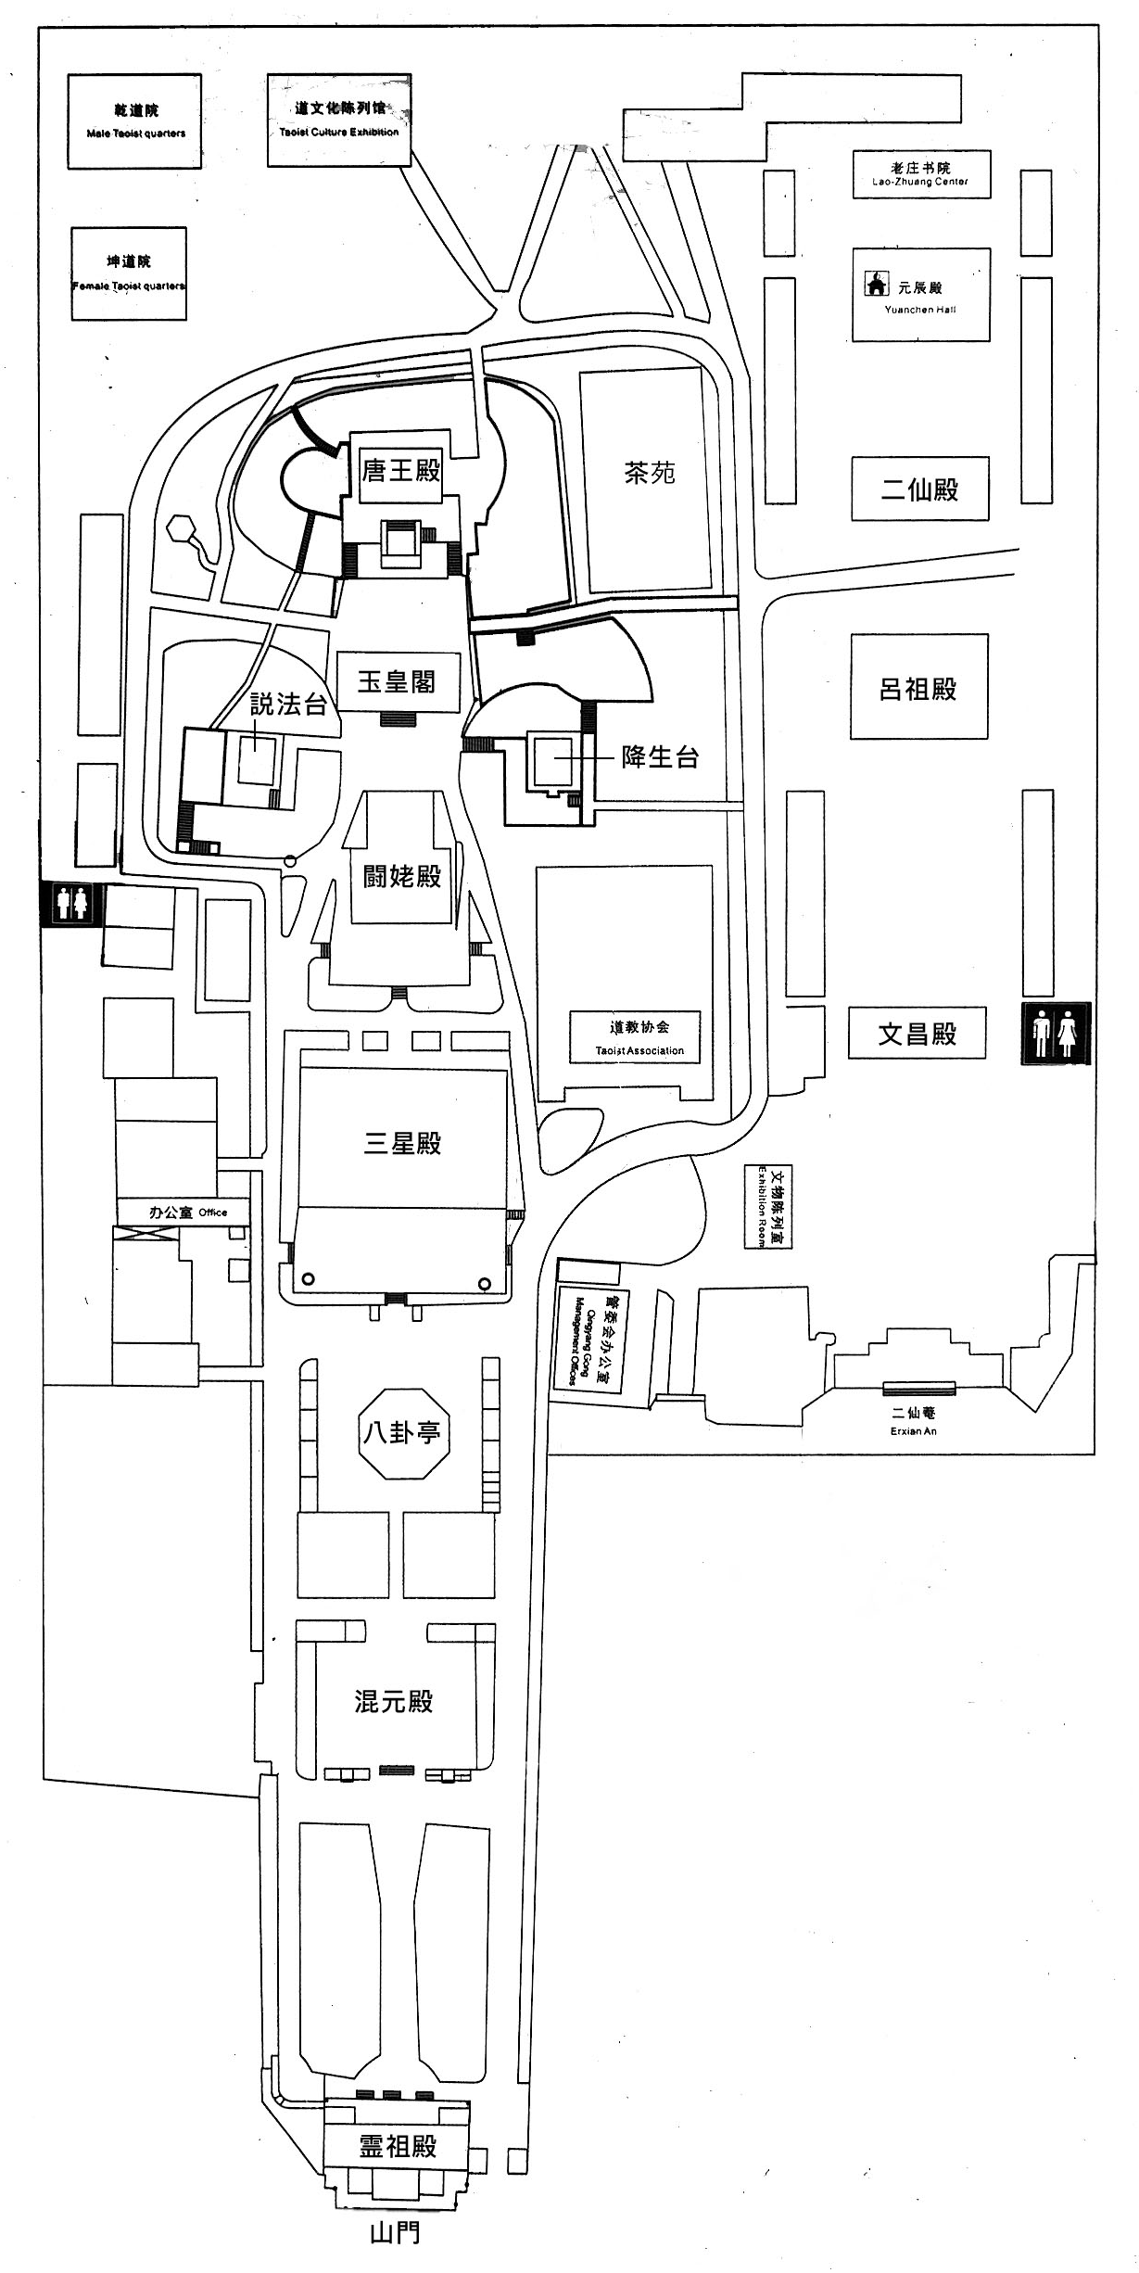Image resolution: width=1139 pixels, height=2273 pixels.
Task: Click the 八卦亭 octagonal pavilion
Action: [402, 1434]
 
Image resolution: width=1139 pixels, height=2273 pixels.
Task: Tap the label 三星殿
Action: [402, 1143]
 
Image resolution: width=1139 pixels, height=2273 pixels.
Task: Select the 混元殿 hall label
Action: [394, 1700]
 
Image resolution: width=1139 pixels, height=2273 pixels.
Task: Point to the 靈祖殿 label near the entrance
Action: [398, 2145]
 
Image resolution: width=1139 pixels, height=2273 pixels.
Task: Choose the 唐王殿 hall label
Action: [401, 471]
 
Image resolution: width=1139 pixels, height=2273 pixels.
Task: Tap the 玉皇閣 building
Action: [398, 683]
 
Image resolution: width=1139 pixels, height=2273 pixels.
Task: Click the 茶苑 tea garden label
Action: [650, 474]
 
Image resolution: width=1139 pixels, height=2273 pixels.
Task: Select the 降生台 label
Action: [660, 757]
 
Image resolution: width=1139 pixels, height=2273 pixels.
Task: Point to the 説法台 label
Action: [289, 705]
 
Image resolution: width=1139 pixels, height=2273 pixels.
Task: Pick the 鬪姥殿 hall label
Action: [402, 876]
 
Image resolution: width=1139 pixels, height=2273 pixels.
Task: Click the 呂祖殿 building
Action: [918, 688]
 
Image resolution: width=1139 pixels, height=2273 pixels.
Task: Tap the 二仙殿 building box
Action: [919, 489]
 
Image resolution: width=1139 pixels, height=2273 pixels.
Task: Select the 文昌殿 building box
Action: [917, 1034]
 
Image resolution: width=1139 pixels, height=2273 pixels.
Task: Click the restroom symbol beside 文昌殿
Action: [1056, 1034]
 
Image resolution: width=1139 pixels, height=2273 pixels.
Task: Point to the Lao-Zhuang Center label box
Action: [921, 174]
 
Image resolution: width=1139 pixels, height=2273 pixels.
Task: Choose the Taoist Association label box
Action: [639, 1037]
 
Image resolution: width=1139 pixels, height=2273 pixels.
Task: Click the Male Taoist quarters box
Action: [134, 121]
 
